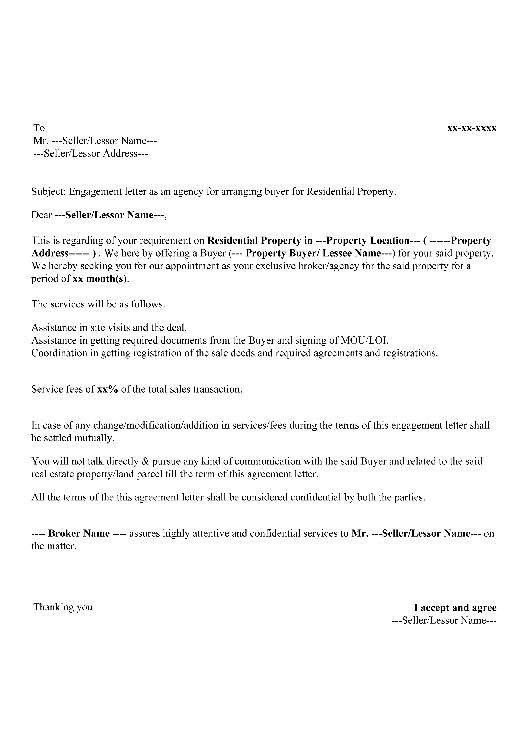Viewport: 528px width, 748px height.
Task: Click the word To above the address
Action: [x=39, y=128]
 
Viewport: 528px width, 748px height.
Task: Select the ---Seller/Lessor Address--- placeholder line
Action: [x=90, y=154]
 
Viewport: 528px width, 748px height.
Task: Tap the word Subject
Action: [x=48, y=191]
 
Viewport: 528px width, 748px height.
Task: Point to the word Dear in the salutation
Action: [x=41, y=215]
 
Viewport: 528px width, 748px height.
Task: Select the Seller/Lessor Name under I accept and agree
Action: [x=444, y=620]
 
